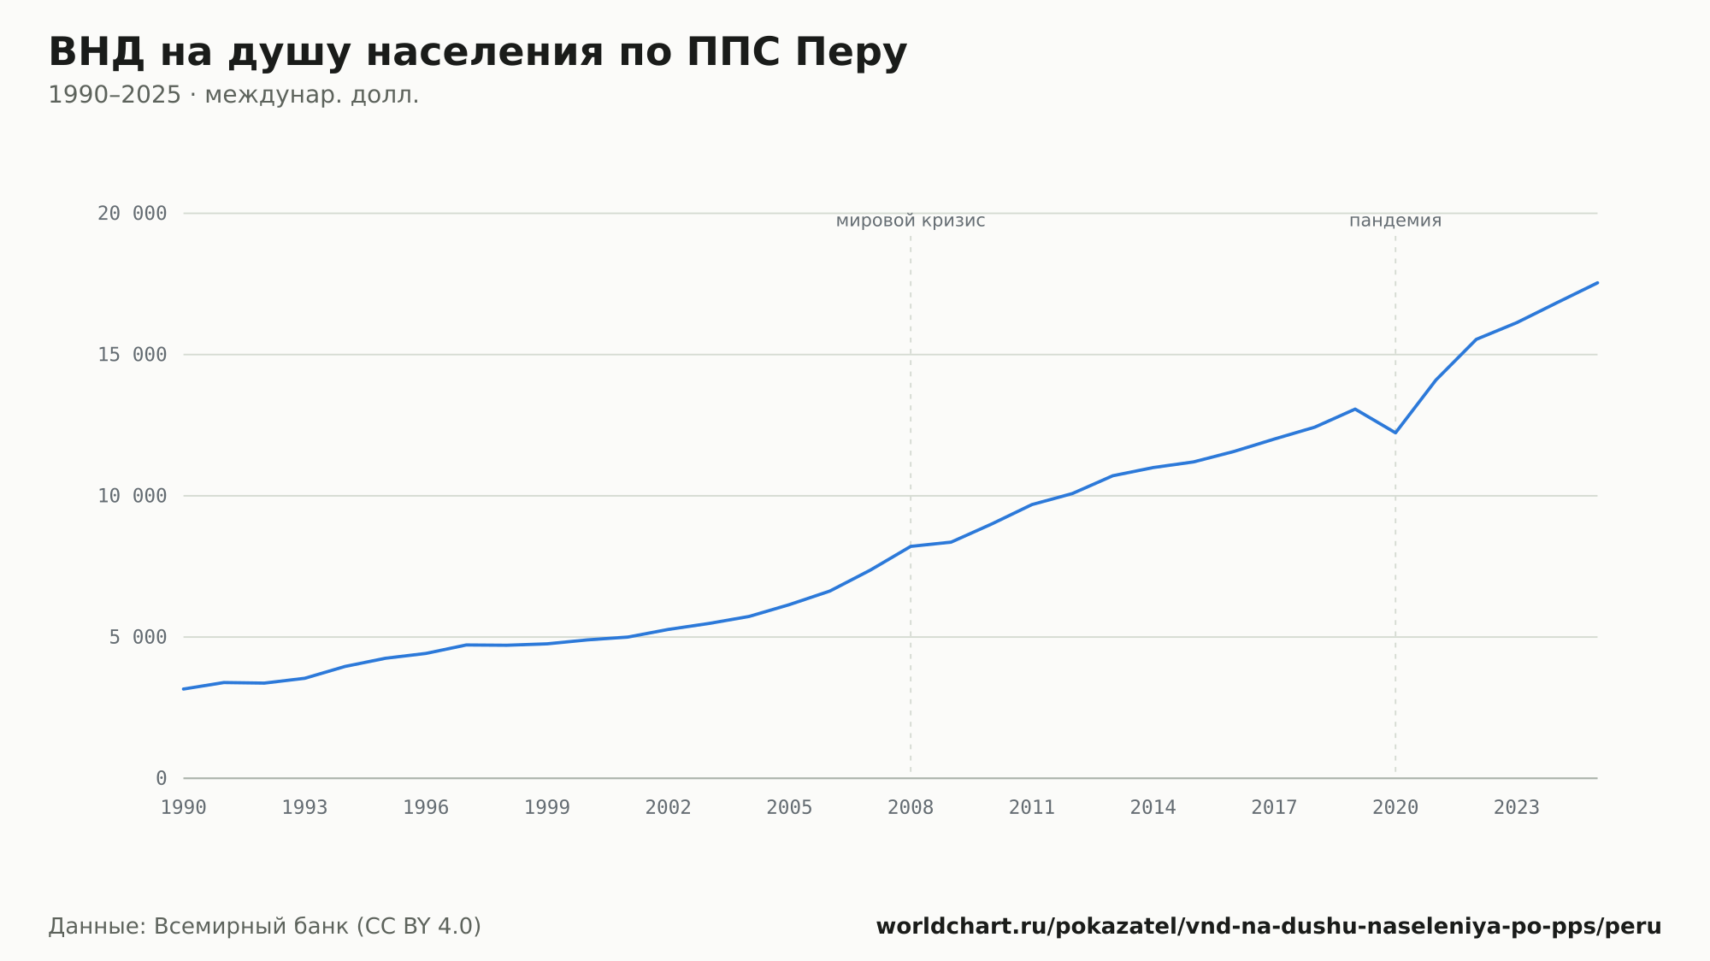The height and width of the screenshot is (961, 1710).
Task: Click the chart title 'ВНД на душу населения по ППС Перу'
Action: (477, 53)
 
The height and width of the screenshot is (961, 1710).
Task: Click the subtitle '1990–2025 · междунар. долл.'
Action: (233, 95)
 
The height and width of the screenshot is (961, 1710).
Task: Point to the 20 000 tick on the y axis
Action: (132, 214)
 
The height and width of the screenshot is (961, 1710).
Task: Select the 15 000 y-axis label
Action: (132, 355)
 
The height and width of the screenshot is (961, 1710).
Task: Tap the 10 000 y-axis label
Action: (132, 496)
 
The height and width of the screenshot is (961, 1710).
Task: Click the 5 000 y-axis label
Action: (138, 637)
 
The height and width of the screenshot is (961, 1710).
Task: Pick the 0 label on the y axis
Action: (162, 778)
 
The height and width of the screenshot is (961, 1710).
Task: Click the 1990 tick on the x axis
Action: (184, 807)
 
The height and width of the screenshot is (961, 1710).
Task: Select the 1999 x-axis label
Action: (547, 807)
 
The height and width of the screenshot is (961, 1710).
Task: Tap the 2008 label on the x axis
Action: (911, 807)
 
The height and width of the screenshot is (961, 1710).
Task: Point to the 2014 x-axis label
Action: (1153, 807)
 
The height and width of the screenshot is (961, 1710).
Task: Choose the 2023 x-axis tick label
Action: (1517, 807)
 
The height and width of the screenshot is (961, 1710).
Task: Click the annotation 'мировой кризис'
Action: (911, 221)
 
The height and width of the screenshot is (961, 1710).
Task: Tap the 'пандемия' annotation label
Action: (1395, 221)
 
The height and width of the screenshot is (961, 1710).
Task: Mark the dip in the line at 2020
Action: (1395, 433)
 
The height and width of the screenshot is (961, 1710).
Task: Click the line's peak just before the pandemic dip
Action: (1355, 409)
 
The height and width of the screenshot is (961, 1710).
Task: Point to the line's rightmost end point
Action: (1597, 282)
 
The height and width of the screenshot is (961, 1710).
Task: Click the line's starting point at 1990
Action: (184, 689)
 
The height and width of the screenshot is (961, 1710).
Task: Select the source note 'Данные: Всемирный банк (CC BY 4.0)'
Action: (265, 927)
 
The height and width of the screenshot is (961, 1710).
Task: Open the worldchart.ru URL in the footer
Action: (1269, 927)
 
